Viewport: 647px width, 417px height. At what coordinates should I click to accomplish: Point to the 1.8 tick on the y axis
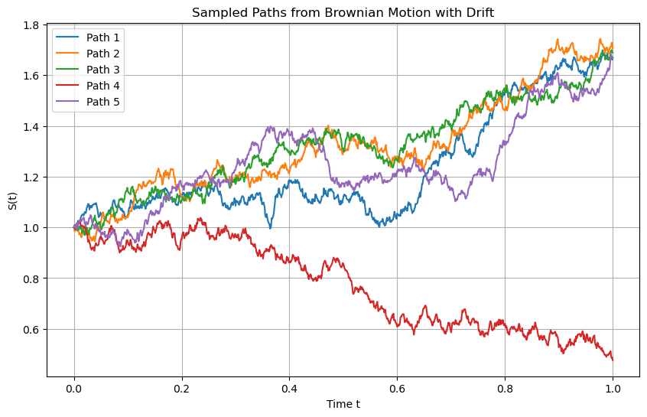pyautogui.click(x=32, y=25)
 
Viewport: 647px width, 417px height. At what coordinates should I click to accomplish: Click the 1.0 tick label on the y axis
pyautogui.click(x=32, y=228)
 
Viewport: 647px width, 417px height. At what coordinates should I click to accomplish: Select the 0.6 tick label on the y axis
pyautogui.click(x=32, y=330)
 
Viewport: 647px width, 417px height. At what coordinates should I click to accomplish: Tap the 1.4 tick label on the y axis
pyautogui.click(x=32, y=127)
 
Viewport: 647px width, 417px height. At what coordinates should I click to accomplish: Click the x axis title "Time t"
pyautogui.click(x=343, y=403)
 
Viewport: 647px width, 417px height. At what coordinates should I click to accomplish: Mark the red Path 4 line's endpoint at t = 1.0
pyautogui.click(x=613, y=359)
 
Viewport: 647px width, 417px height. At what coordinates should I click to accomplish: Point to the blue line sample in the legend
pyautogui.click(x=67, y=37)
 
